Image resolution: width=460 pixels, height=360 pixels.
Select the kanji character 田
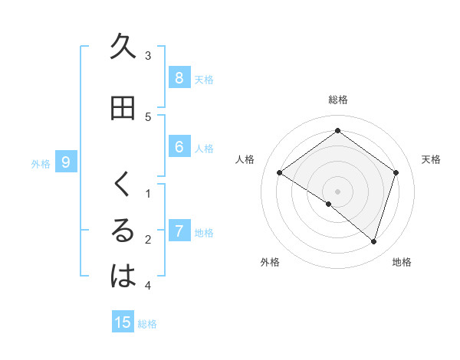pyautogui.click(x=123, y=108)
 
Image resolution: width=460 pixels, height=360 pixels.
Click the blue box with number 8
pyautogui.click(x=179, y=77)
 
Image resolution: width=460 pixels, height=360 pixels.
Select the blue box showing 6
pyautogui.click(x=179, y=147)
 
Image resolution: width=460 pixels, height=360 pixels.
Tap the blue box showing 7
pyautogui.click(x=179, y=231)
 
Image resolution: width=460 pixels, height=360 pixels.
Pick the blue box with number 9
pyautogui.click(x=66, y=162)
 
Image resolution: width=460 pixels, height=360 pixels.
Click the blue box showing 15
pyautogui.click(x=123, y=322)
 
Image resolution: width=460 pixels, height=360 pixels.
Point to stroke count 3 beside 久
pyautogui.click(x=148, y=56)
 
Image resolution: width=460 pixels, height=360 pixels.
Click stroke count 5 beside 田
pyautogui.click(x=148, y=117)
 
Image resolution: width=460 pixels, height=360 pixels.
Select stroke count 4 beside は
pyautogui.click(x=148, y=286)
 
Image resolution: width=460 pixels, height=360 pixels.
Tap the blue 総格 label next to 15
pyautogui.click(x=147, y=324)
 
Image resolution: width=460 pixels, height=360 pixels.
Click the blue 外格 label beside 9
pyautogui.click(x=41, y=163)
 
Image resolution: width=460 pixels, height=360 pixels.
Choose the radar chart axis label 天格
pyautogui.click(x=431, y=159)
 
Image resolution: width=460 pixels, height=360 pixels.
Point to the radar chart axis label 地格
pyautogui.click(x=402, y=262)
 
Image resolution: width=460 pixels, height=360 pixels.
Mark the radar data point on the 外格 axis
pyautogui.click(x=329, y=205)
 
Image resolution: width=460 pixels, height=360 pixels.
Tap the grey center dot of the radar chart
pyautogui.click(x=338, y=191)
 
